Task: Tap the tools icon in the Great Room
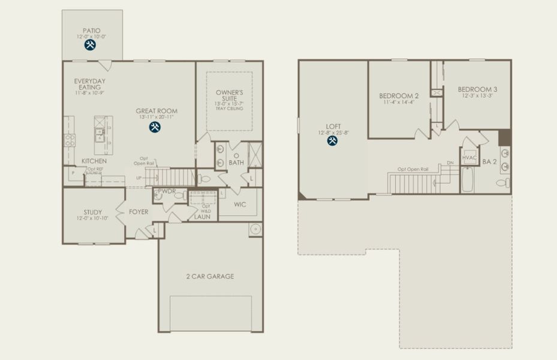click(x=155, y=127)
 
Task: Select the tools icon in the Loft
click(x=332, y=140)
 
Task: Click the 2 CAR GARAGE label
click(x=209, y=277)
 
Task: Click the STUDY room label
click(x=93, y=212)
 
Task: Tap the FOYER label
click(x=139, y=212)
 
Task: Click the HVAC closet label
click(x=469, y=158)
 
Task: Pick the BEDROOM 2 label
click(x=399, y=95)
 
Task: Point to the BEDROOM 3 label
click(x=477, y=89)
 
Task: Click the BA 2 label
click(x=490, y=161)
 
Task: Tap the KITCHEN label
click(x=94, y=161)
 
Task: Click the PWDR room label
click(x=166, y=191)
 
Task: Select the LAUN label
click(x=202, y=217)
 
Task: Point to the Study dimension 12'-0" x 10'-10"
click(x=93, y=219)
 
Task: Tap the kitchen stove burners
click(x=70, y=139)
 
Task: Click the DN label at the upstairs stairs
click(x=450, y=163)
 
